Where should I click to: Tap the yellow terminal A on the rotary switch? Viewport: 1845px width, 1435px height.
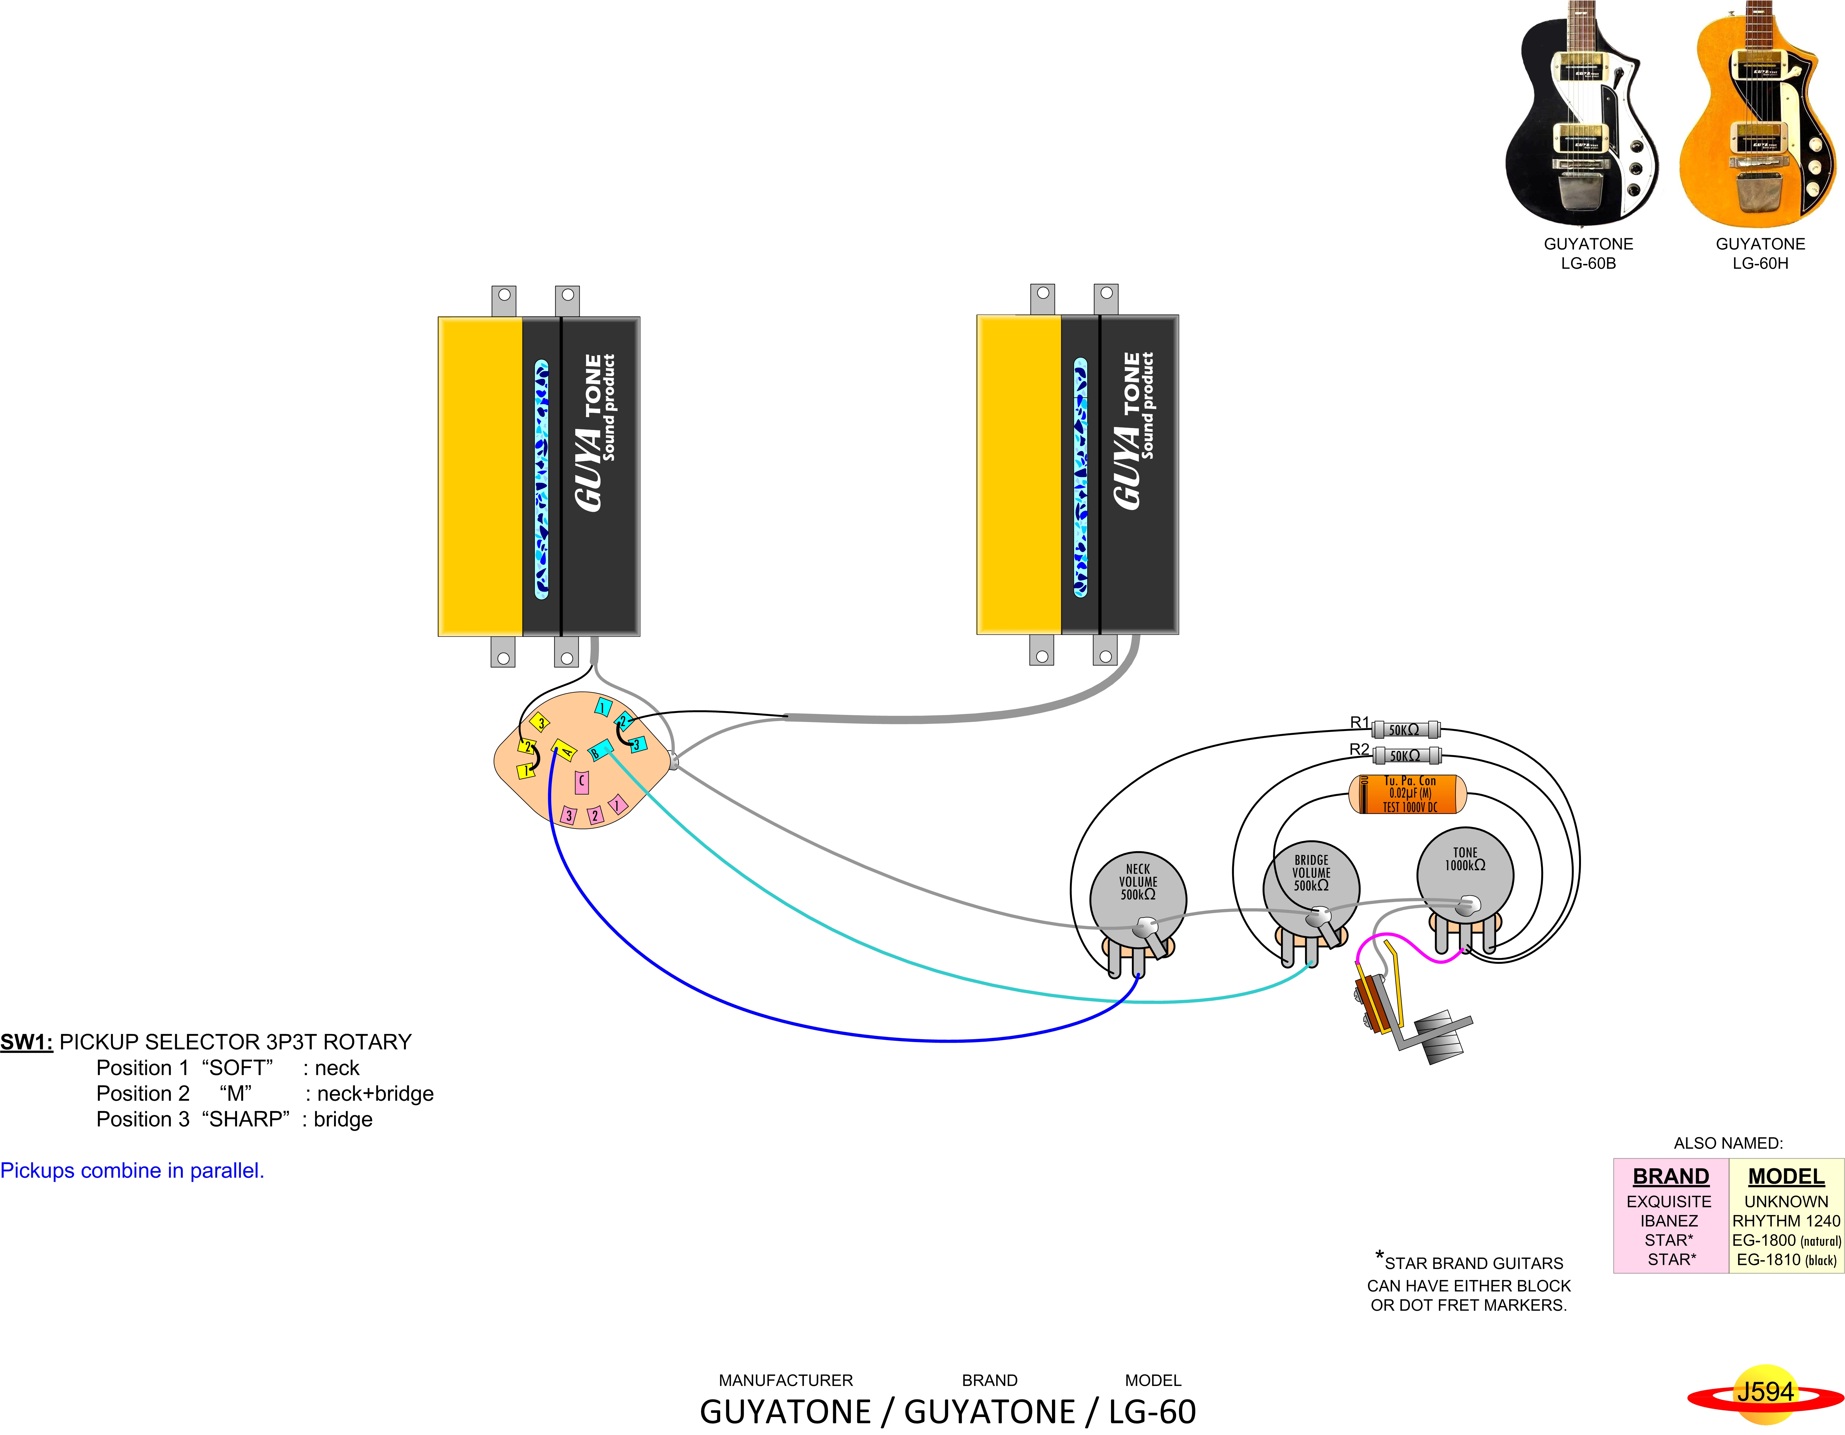pyautogui.click(x=563, y=750)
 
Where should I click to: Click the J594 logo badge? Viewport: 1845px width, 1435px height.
pyautogui.click(x=1764, y=1393)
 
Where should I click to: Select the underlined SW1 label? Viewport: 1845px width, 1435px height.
pyautogui.click(x=26, y=1042)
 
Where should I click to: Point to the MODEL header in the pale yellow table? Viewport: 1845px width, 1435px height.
pyautogui.click(x=1786, y=1176)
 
